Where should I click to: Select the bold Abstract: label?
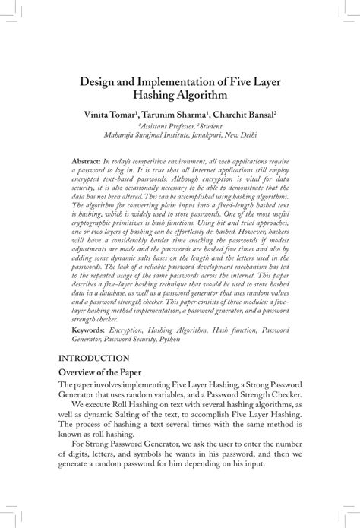[85, 163]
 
